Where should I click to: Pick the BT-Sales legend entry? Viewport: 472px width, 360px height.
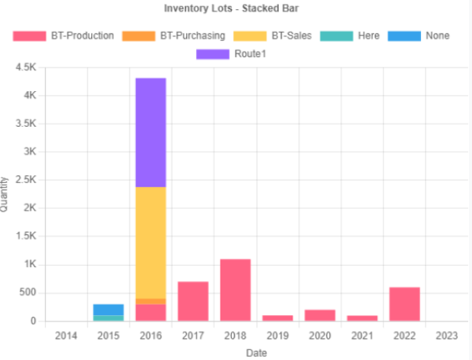274,36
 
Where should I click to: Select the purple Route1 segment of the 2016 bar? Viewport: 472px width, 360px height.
150,132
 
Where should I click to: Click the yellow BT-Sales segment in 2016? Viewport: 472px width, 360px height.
150,242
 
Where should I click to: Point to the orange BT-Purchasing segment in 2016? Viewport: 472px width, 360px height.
150,302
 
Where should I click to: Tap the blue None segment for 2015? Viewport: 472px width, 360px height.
109,310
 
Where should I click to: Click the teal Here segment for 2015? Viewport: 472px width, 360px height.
109,318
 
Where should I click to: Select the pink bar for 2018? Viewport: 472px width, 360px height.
236,290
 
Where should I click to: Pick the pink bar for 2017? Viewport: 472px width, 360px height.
193,302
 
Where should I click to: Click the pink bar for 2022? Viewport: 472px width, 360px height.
404,304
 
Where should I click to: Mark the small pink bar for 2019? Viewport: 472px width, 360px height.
277,318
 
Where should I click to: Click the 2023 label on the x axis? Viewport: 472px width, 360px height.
447,335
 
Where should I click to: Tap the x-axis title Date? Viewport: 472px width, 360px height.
256,352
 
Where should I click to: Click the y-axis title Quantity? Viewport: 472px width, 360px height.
5,194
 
